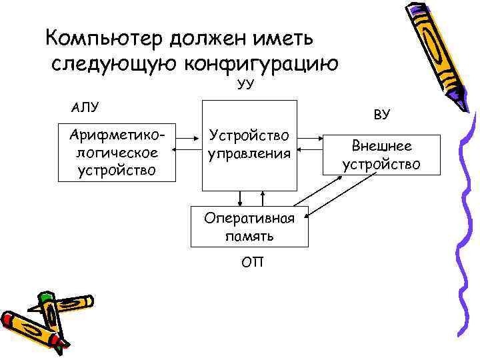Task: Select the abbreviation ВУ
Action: pyautogui.click(x=381, y=115)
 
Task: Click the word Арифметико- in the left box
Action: pyautogui.click(x=117, y=136)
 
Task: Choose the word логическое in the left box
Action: pyautogui.click(x=117, y=153)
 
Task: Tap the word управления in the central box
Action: pyautogui.click(x=250, y=153)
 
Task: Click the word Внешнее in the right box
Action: pyautogui.click(x=381, y=146)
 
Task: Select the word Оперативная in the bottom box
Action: pyautogui.click(x=250, y=219)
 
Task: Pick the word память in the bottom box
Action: pyautogui.click(x=250, y=235)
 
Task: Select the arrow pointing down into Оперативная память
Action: pyautogui.click(x=239, y=197)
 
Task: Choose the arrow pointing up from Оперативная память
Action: pyautogui.click(x=263, y=197)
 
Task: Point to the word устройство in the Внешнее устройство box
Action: pyautogui.click(x=381, y=163)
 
